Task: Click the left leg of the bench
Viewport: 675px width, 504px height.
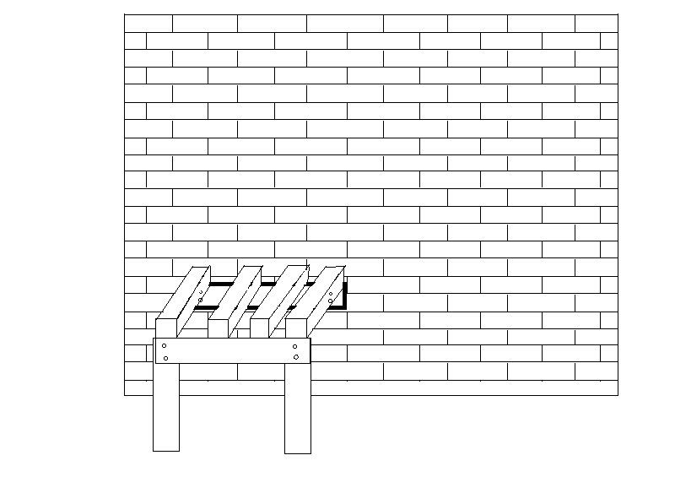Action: pyautogui.click(x=166, y=405)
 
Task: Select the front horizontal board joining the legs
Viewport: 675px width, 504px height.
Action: pyautogui.click(x=232, y=350)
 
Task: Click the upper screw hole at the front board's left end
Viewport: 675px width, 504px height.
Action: pyautogui.click(x=165, y=346)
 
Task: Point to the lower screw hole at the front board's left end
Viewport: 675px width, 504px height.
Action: pyautogui.click(x=165, y=358)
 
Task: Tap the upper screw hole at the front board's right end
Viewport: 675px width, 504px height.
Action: pyautogui.click(x=294, y=346)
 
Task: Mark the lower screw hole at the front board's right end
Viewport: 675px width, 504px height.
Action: pyautogui.click(x=295, y=357)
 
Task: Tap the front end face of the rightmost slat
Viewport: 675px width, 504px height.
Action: pyautogui.click(x=297, y=328)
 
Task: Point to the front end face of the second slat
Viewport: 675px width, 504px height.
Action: pyautogui.click(x=218, y=328)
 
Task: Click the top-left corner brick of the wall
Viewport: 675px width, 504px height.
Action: pyautogui.click(x=148, y=23)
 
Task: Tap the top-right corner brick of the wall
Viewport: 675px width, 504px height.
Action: pyautogui.click(x=597, y=23)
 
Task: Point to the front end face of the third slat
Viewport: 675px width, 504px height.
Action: pyautogui.click(x=259, y=328)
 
